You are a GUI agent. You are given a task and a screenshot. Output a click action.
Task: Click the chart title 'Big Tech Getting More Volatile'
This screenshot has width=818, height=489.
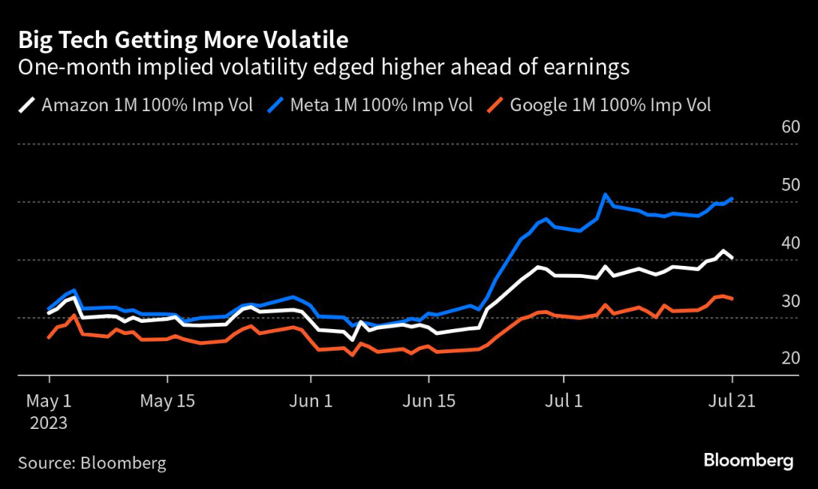click(x=183, y=39)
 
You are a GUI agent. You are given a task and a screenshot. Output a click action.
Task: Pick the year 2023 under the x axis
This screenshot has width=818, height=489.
click(x=50, y=422)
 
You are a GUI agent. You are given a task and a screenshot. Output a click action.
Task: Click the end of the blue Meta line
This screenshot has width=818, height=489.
click(x=732, y=199)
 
